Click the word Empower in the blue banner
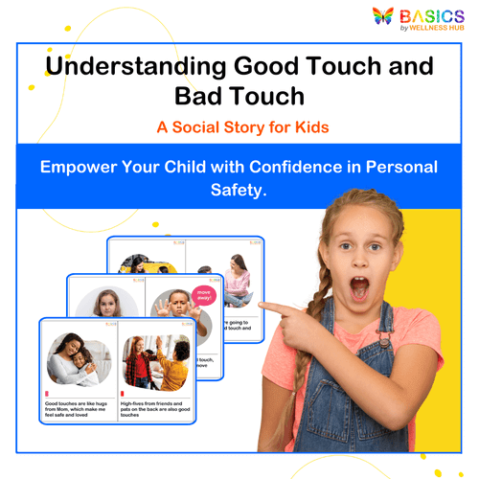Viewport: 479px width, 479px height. point(81,167)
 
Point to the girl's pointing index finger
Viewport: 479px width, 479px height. point(267,308)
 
